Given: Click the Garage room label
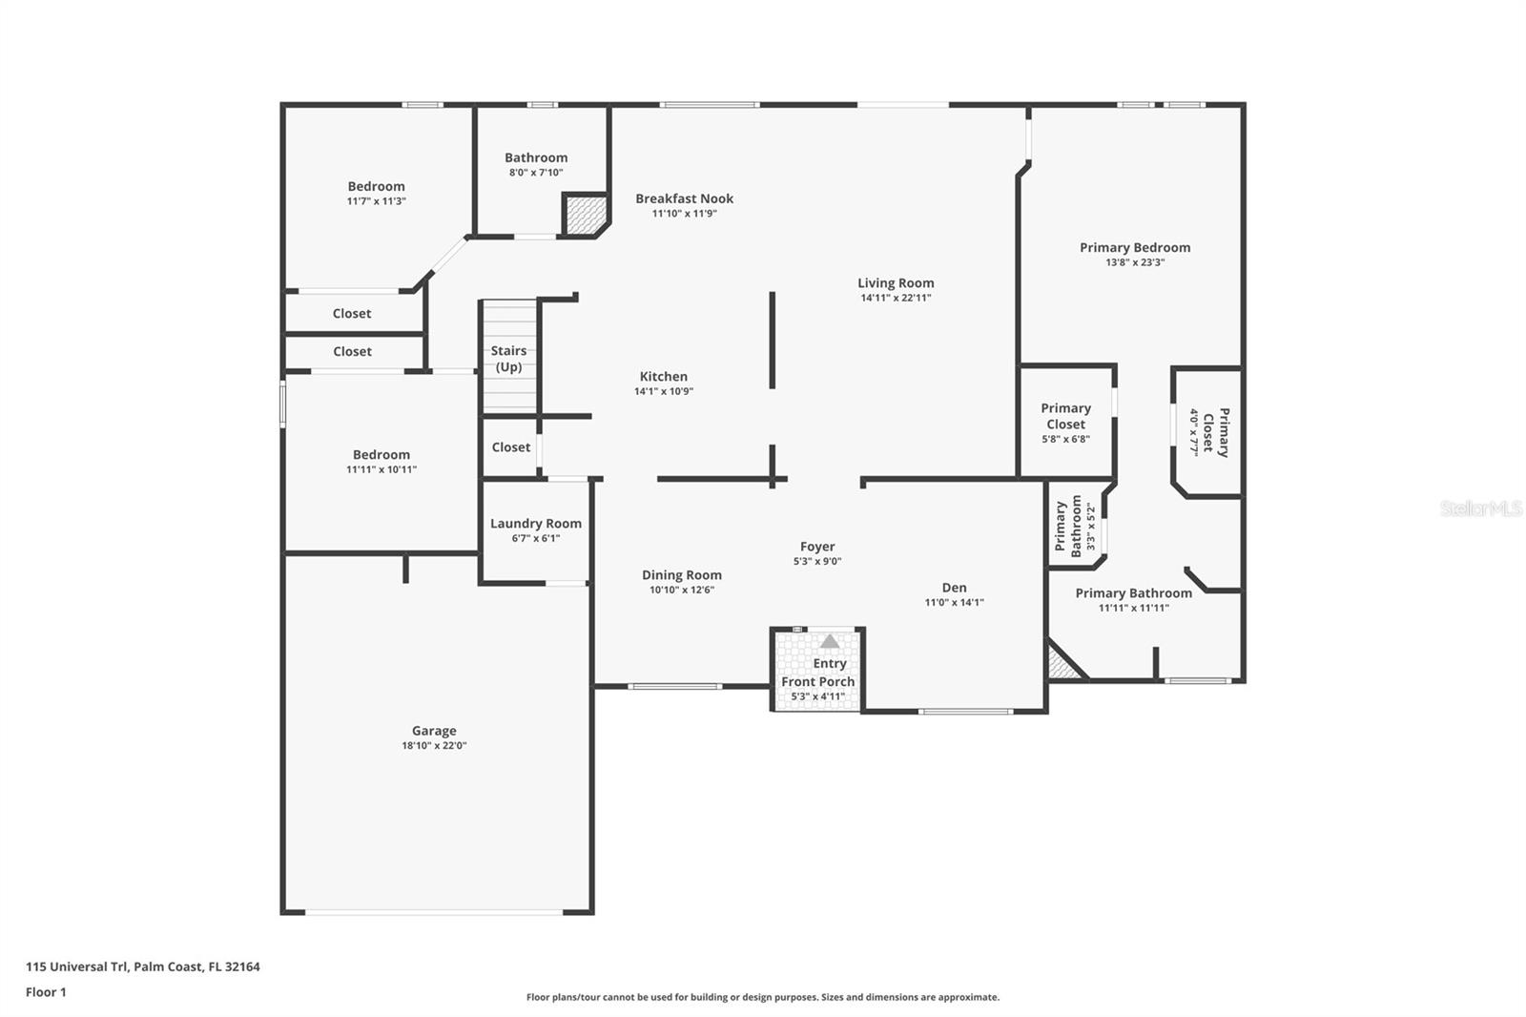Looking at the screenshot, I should (434, 731).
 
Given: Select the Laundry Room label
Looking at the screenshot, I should (535, 523).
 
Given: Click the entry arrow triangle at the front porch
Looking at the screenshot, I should (830, 641).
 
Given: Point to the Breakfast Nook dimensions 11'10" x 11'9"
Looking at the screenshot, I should (684, 214).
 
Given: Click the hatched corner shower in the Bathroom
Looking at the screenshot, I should (583, 215).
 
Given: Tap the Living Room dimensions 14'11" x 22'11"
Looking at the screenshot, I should (896, 298).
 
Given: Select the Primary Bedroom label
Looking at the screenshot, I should (1135, 247).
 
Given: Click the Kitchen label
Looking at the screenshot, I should (663, 376).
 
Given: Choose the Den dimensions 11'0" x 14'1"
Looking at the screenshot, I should (954, 603).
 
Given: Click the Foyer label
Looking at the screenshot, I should (817, 547).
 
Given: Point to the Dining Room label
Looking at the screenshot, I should (681, 574).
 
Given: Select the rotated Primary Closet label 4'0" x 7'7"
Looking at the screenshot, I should (1208, 432).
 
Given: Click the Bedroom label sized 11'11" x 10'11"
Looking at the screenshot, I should (381, 454).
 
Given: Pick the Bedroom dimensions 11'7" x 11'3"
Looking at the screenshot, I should (376, 201).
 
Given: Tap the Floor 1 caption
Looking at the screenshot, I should (46, 992).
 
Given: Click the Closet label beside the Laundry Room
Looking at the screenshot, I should (510, 446).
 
